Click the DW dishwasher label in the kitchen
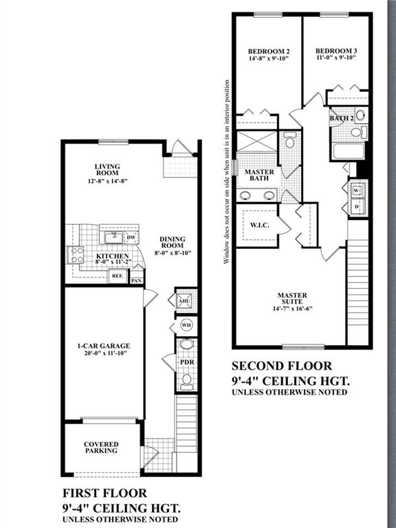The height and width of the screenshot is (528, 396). coord(131,237)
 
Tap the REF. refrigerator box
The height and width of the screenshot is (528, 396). coord(118,276)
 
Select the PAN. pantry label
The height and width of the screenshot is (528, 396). coord(137,280)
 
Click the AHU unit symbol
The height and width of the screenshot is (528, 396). coord(184,301)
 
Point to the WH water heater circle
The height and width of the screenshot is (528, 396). coord(186,325)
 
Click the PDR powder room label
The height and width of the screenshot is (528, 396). coord(187,362)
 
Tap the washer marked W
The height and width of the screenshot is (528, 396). coord(356,190)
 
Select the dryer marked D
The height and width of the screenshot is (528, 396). coord(356,206)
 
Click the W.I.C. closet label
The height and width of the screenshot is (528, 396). coord(260,225)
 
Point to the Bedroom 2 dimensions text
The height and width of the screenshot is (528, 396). coord(269,58)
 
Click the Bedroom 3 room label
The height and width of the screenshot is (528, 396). coord(336,51)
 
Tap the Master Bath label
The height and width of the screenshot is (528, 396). coord(259,175)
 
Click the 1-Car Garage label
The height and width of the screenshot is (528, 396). coord(104,346)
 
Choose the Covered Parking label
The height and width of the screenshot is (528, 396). coord(101,448)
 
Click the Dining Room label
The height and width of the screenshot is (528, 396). coord(173,243)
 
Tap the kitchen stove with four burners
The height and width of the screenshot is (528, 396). coord(76,255)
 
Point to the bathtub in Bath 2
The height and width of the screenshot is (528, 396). coord(348,151)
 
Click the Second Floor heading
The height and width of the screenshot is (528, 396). coord(282,366)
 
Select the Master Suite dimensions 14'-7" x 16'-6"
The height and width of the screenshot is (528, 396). coord(293,309)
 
